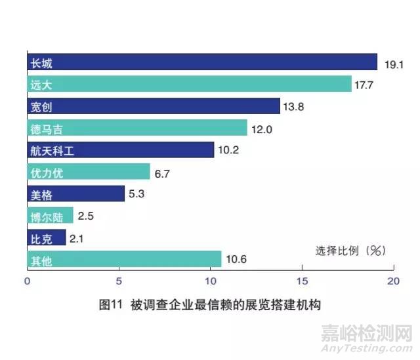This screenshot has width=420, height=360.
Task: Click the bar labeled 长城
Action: pos(202,63)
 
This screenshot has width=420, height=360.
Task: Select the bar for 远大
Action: pos(189,85)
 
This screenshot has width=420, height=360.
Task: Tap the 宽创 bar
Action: pos(154,106)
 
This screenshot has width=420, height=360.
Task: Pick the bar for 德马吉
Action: pos(137,128)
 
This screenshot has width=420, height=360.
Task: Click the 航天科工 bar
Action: pos(121,150)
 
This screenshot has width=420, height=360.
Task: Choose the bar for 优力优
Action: pos(89,172)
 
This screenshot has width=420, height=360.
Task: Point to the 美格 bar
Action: pos(75,193)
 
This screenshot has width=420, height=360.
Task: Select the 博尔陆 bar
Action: pos(50,215)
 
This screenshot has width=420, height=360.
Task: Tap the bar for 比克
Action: pos(47,237)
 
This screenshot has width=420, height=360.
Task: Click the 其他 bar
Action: pos(124,259)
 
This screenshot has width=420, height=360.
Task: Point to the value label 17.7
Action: pos(366,85)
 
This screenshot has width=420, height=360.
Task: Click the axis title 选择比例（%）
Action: pos(350,250)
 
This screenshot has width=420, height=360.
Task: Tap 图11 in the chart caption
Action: pos(110,306)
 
